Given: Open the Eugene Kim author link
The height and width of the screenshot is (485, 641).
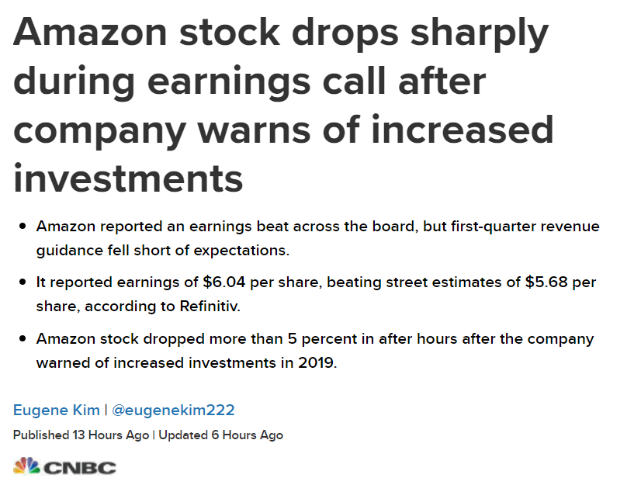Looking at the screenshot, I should click(x=57, y=410).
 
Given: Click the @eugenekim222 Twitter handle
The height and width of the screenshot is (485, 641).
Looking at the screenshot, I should click(x=174, y=410).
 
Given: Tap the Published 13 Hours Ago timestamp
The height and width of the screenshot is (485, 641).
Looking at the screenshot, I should click(x=81, y=435).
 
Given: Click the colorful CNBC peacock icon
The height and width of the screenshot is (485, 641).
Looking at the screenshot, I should click(x=26, y=466).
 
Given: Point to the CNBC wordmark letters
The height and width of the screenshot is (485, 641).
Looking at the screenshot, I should click(x=80, y=468).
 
